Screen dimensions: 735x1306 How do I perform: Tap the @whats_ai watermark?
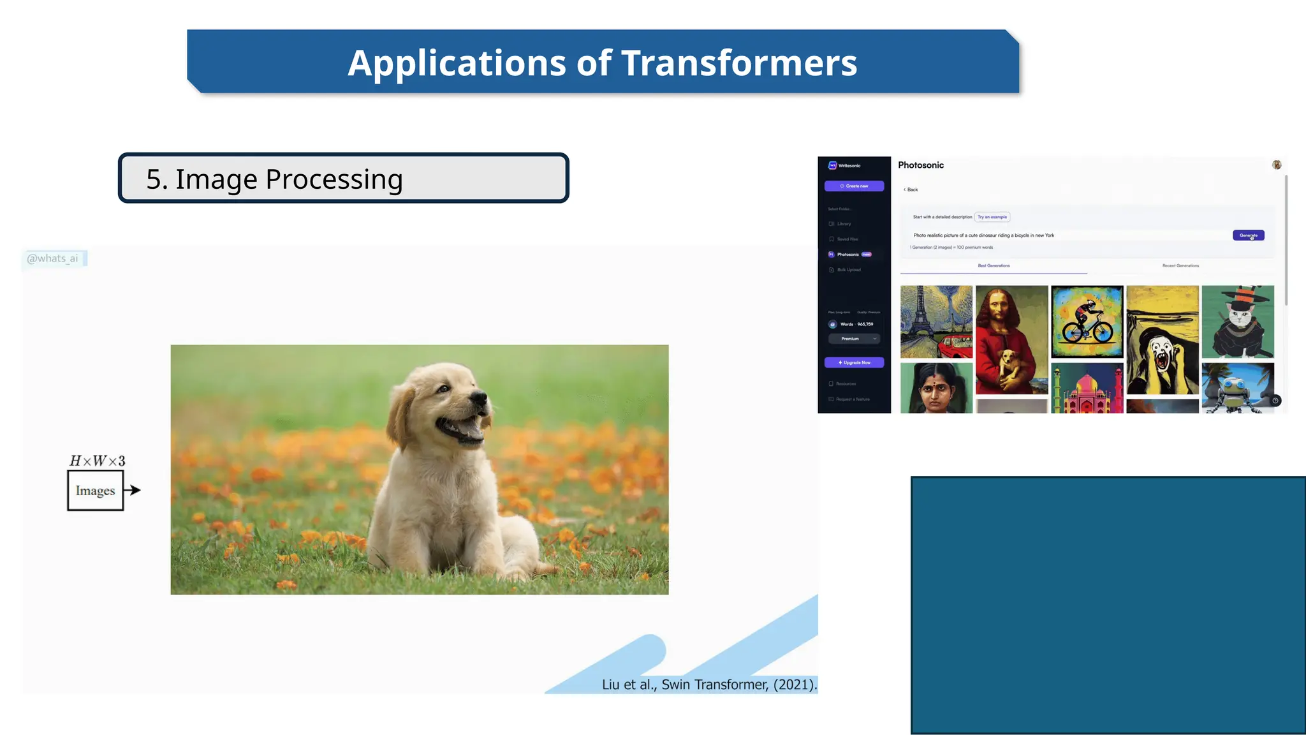pyautogui.click(x=53, y=258)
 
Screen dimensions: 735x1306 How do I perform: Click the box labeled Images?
pyautogui.click(x=95, y=491)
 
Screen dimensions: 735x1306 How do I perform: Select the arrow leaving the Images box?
pyautogui.click(x=132, y=490)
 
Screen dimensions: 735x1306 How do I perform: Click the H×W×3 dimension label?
pyautogui.click(x=97, y=461)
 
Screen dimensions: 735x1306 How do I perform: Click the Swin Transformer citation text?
pyautogui.click(x=708, y=685)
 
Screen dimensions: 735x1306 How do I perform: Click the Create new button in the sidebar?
pyautogui.click(x=854, y=186)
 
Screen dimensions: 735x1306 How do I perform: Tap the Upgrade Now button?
pyautogui.click(x=854, y=362)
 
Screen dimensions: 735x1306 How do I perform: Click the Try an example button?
pyautogui.click(x=992, y=217)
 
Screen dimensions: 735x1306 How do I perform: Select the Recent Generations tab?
pyautogui.click(x=1180, y=265)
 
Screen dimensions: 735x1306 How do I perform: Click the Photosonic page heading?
pyautogui.click(x=920, y=165)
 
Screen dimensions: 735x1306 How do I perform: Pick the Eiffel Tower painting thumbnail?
pyautogui.click(x=935, y=322)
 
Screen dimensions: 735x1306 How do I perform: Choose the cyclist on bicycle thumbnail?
pyautogui.click(x=1087, y=322)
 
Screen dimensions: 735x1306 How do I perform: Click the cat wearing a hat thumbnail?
pyautogui.click(x=1237, y=322)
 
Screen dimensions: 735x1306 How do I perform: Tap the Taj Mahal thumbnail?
pyautogui.click(x=1087, y=389)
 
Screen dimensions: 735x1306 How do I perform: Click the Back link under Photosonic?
pyautogui.click(x=911, y=189)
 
